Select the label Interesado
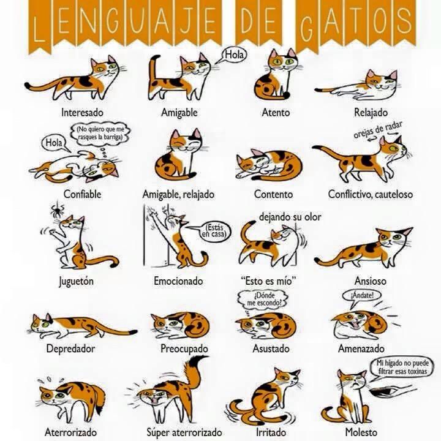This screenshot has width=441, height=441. [x=83, y=112]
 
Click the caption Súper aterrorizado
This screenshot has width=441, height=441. [x=184, y=432]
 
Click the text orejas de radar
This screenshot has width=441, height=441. [x=378, y=129]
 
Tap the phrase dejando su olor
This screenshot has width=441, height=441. [x=290, y=217]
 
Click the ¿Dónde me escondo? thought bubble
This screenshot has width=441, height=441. [x=263, y=300]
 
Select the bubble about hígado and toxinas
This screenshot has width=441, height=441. [x=402, y=367]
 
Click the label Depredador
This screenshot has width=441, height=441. [x=70, y=349]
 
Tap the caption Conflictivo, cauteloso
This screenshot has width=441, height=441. [x=371, y=194]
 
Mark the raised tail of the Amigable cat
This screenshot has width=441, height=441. [x=154, y=70]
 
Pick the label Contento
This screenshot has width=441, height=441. [x=273, y=194]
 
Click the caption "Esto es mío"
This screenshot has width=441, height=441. [x=269, y=281]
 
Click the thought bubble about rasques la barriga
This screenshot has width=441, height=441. [x=100, y=134]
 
